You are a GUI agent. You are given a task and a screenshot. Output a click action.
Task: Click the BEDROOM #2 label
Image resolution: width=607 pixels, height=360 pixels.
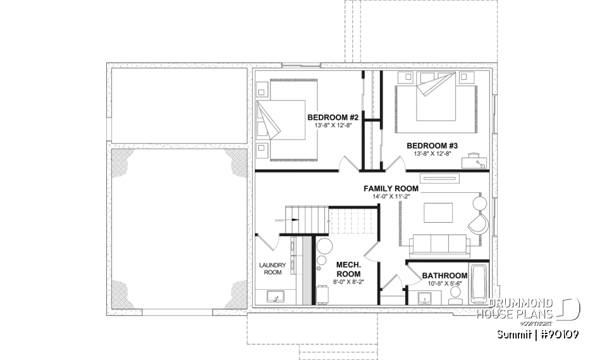333,118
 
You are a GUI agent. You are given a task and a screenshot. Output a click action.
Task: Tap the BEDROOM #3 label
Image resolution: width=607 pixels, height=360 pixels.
432,145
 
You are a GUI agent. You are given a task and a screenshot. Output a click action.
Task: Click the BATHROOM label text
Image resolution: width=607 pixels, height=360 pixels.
445,276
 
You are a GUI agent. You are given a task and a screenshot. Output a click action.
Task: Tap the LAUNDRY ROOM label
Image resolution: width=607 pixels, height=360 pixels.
273,268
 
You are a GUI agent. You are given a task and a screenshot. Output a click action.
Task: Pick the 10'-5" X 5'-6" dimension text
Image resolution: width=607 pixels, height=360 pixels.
445,284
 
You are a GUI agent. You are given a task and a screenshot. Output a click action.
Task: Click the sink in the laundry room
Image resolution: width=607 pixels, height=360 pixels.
276,296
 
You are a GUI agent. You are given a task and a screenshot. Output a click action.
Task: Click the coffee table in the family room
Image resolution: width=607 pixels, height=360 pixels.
438,212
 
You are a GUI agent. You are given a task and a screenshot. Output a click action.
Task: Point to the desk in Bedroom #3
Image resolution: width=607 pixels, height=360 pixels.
475,163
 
